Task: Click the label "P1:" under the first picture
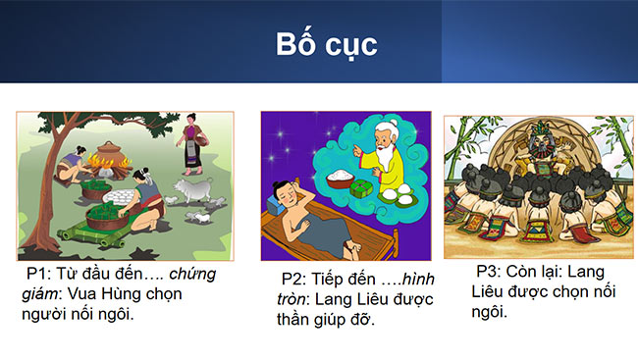coord(43,274)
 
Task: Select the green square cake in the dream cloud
coord(365,185)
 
